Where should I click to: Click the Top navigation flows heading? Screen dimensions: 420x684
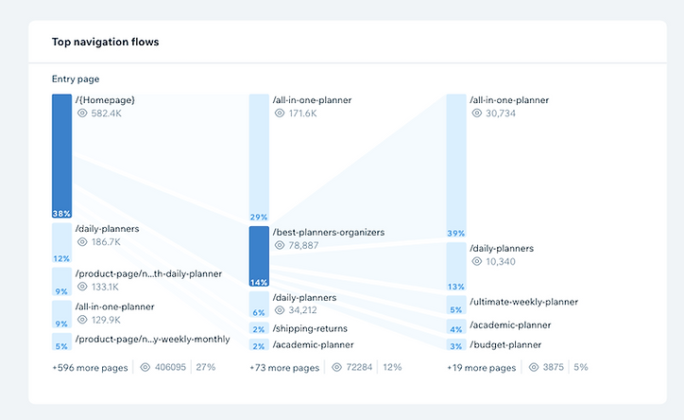(106, 42)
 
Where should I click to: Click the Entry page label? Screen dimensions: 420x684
(76, 79)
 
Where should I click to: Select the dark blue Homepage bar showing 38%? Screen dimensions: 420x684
(61, 156)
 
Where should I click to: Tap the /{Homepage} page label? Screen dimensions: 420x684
(106, 99)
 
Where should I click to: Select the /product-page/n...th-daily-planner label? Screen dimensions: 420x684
(148, 273)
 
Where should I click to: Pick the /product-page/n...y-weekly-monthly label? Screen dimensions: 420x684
(152, 339)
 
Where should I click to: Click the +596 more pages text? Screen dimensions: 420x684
(92, 367)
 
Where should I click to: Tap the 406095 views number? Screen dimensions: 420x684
(170, 367)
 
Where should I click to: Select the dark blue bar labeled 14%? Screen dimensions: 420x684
(259, 256)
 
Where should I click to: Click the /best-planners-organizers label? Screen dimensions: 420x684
(328, 232)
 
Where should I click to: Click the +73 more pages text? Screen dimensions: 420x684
(286, 367)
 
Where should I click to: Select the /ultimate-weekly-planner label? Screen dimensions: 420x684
(524, 302)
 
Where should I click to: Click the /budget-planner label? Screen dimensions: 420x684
(505, 344)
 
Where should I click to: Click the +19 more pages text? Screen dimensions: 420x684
(482, 367)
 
